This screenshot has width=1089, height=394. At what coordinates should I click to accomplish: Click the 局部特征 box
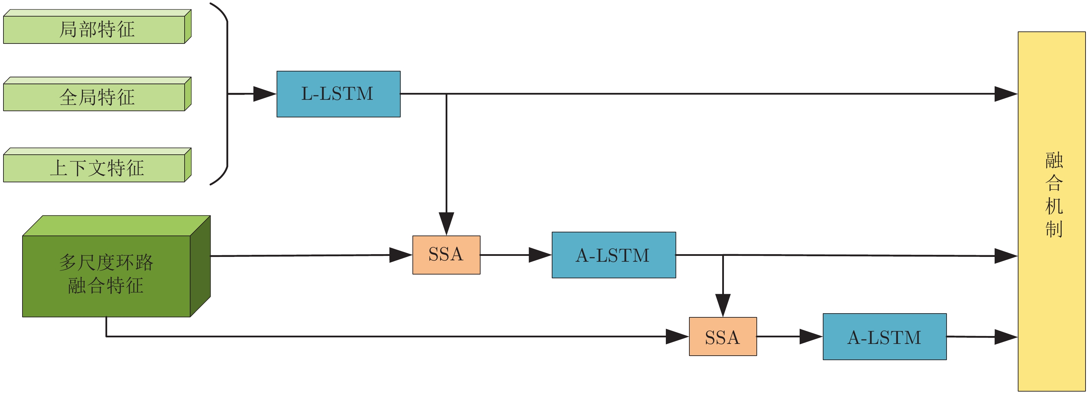97,29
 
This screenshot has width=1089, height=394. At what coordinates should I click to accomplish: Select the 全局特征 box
97,97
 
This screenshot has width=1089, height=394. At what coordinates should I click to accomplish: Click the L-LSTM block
338,94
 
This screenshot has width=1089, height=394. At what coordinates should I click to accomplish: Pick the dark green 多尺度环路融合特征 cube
106,274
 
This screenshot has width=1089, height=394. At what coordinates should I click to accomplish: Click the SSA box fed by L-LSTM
446,254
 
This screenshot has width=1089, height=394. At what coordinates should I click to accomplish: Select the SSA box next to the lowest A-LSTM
723,337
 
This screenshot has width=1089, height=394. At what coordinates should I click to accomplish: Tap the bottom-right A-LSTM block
884,337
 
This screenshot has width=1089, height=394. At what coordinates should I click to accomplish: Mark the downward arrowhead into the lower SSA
723,305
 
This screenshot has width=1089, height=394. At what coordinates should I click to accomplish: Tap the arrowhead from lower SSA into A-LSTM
811,337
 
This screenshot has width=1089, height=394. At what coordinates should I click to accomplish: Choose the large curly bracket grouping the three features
226,94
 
